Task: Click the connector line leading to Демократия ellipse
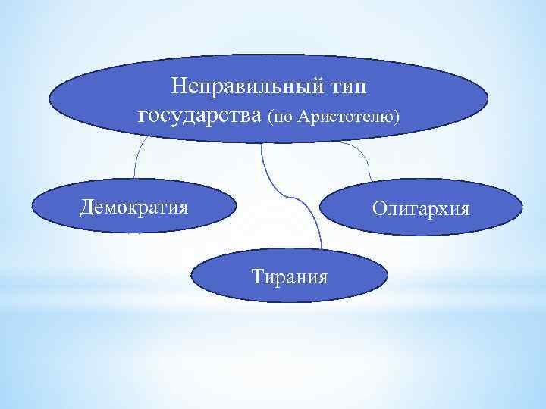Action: (x=136, y=163)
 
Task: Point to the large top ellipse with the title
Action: (x=99, y=98)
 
